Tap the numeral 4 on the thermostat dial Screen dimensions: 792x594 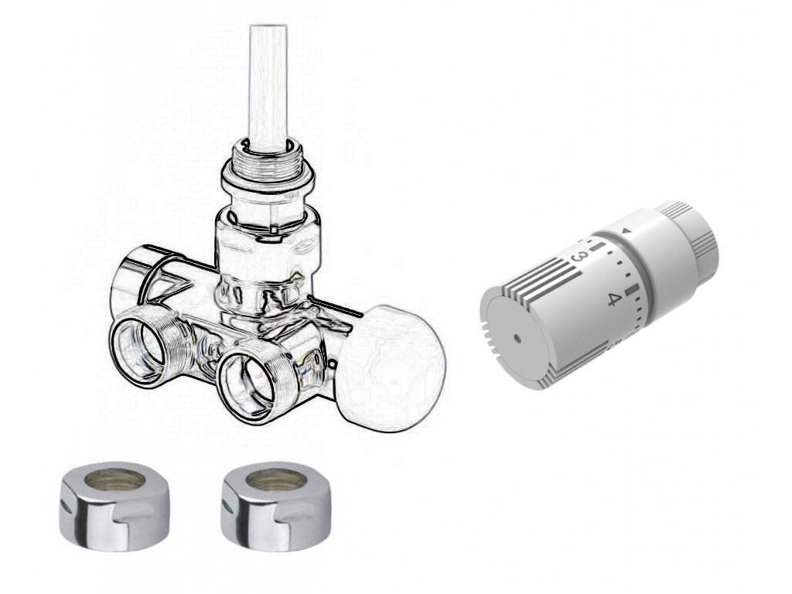coord(613,300)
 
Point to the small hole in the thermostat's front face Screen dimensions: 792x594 coord(517,337)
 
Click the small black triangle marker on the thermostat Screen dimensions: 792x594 coord(626,231)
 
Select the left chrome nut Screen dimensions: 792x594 coord(115,506)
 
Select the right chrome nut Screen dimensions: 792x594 coord(277,506)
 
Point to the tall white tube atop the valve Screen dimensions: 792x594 coord(268,86)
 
